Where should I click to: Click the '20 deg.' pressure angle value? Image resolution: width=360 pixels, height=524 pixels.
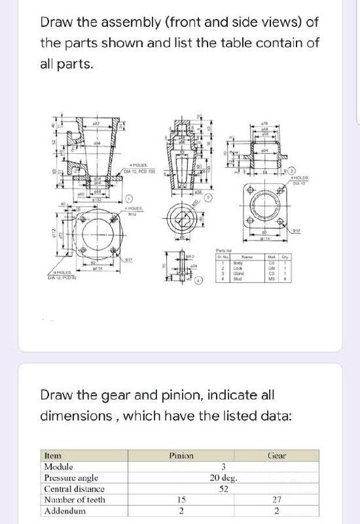(x=223, y=477)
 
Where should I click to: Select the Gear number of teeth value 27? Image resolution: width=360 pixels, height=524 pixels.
(x=278, y=500)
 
